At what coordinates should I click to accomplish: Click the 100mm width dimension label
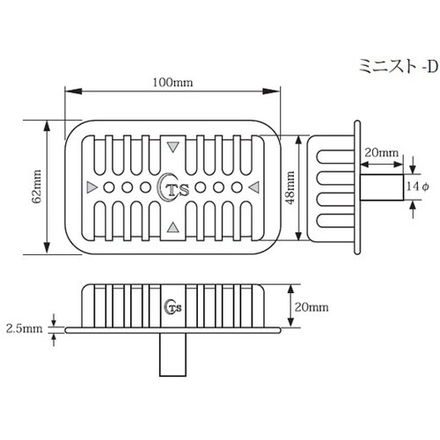pos(172,83)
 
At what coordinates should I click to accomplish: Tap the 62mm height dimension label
pos(36,187)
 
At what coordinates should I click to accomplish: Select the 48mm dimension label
pos(290,187)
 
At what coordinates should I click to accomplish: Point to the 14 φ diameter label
pos(418,187)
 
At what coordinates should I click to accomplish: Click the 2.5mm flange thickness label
pos(25,328)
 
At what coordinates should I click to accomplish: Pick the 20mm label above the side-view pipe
pos(381,153)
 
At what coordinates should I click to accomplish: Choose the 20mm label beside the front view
pos(312,307)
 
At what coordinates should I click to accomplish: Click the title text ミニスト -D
pos(399,66)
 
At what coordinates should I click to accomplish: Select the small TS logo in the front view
pos(173,307)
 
